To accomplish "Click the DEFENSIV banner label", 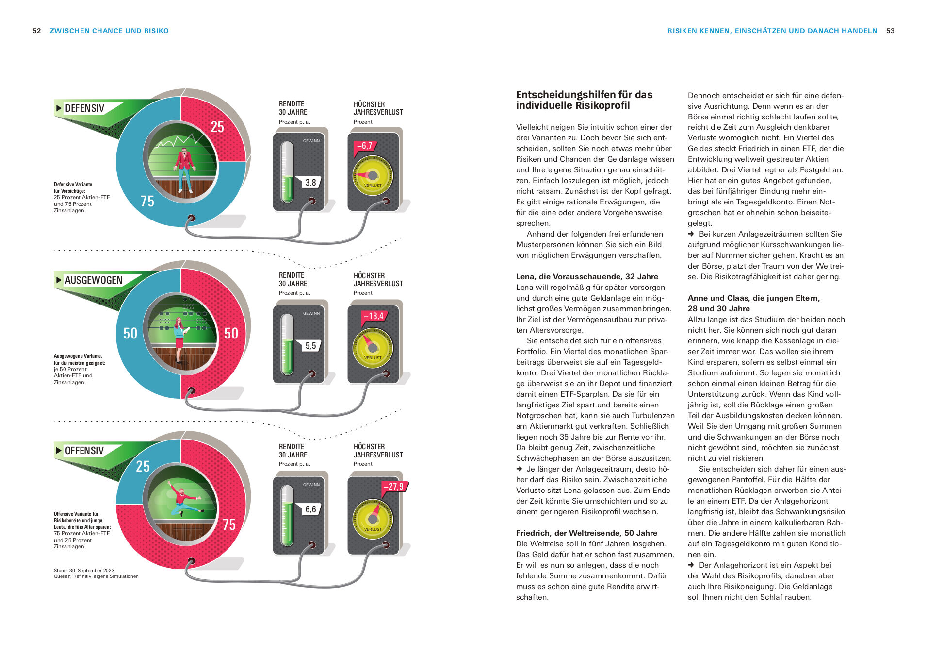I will point(84,108).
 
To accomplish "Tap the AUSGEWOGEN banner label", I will point(94,280).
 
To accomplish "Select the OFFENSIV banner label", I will point(84,451).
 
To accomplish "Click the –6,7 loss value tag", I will point(365,146).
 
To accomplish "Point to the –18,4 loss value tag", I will point(374,316).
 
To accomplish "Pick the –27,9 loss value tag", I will point(393,487).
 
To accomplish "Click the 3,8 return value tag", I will point(310,183).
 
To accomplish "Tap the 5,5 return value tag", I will point(310,346).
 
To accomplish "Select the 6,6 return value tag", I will point(310,509).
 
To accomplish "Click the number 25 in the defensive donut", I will point(217,127).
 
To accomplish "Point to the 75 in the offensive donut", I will point(229,525).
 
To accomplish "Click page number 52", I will point(37,31).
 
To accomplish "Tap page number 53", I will point(890,31).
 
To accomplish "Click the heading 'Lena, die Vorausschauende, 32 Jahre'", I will point(587,277).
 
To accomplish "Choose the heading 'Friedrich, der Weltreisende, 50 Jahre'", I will point(586,533).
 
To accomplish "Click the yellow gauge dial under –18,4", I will point(373,348).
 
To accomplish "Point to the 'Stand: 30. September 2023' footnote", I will point(84,571).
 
